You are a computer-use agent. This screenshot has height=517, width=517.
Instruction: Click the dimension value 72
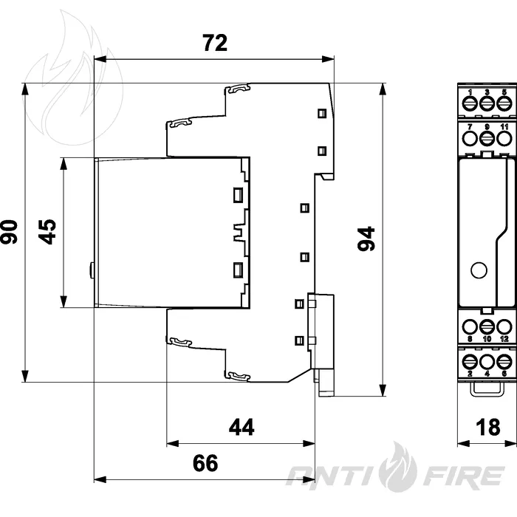tap(215, 43)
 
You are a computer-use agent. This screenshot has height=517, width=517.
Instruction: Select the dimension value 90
tap(9, 232)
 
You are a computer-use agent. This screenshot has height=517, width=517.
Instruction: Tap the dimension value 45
tap(47, 231)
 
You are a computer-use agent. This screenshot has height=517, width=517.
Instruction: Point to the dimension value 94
tap(366, 239)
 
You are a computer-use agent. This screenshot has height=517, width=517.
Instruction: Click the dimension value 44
tap(242, 427)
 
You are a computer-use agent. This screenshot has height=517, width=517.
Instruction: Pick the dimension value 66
tap(205, 463)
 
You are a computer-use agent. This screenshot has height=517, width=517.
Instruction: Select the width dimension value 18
tap(488, 427)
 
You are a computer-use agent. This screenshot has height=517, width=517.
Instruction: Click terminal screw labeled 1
tap(470, 104)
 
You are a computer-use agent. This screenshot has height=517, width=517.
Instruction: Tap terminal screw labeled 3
tap(487, 104)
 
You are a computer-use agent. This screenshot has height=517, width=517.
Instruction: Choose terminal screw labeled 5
tap(504, 104)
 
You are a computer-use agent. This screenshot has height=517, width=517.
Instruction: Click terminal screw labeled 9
tap(487, 139)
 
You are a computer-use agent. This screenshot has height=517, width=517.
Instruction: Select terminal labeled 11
tap(504, 139)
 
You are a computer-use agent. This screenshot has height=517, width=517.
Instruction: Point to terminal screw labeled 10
tap(487, 327)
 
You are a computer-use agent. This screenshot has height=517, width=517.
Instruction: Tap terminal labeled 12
tap(504, 327)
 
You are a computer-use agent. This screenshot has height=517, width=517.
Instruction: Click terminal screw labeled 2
tap(470, 362)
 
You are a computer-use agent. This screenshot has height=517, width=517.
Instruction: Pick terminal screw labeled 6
tap(504, 362)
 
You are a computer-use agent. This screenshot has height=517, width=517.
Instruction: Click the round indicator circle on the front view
tap(479, 270)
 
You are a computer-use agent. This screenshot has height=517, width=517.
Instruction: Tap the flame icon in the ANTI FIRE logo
tap(398, 467)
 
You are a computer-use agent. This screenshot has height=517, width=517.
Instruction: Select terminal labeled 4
tap(487, 362)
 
